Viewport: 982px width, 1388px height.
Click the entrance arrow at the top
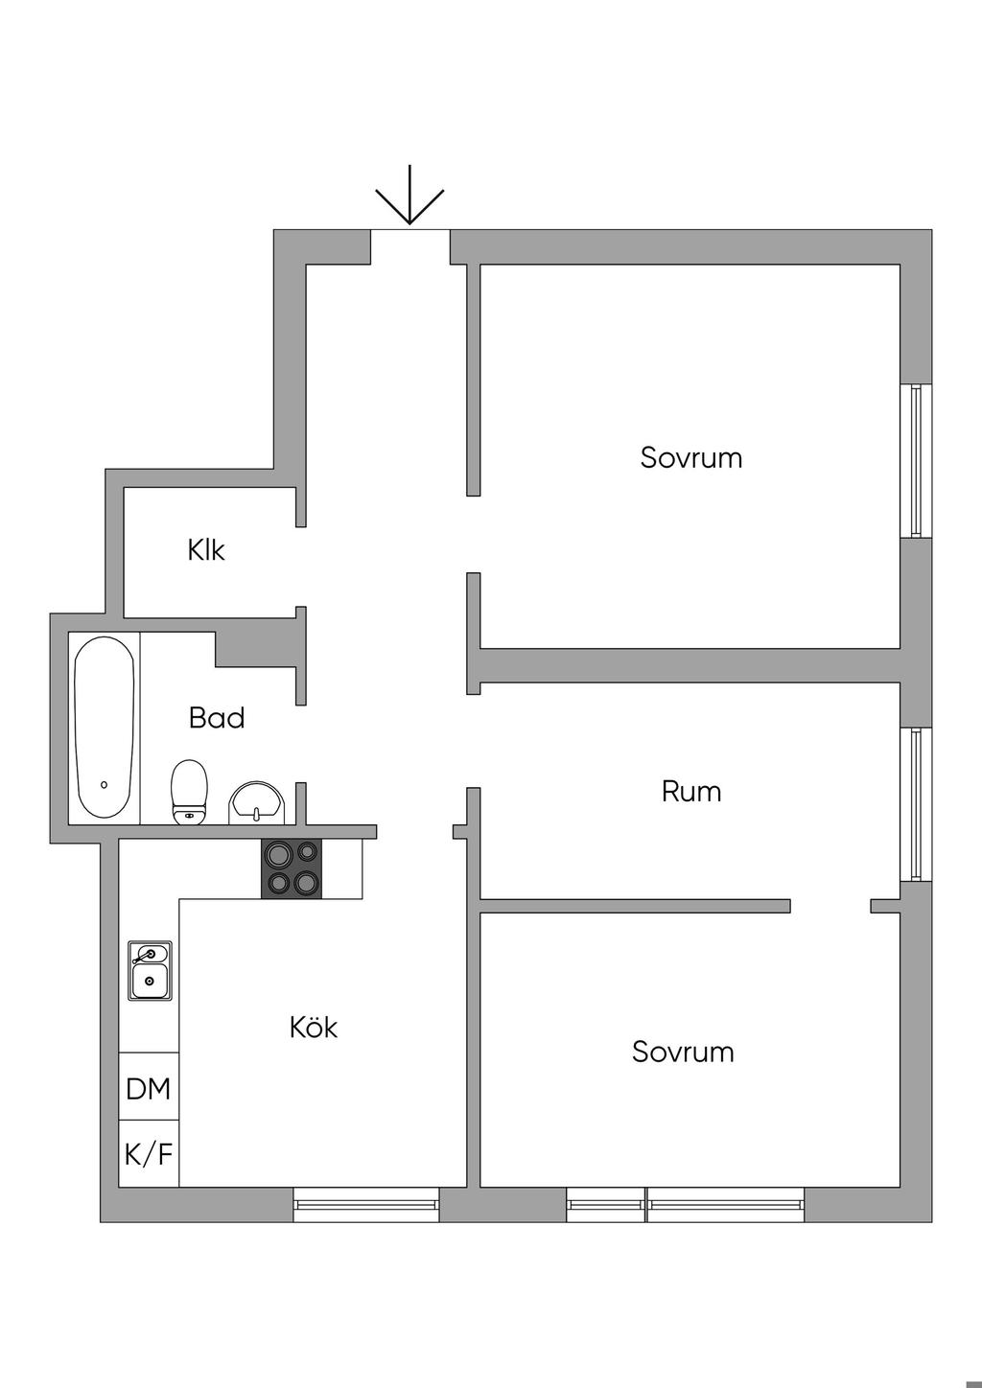coord(409,197)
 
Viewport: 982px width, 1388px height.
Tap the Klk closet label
coord(206,550)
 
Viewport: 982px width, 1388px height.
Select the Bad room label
coord(217,718)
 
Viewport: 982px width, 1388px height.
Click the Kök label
coord(314,1028)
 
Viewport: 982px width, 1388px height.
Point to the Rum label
coord(691,792)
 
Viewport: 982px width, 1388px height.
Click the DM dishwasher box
coord(149,1088)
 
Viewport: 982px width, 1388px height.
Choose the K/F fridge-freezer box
coord(149,1154)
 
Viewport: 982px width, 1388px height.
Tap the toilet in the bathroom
coord(189,792)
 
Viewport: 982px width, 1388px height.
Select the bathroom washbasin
coord(256,803)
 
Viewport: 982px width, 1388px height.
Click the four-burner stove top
coord(292,868)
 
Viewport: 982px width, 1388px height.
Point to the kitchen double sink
coord(150,970)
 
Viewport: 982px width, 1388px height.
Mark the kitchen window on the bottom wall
coord(365,1204)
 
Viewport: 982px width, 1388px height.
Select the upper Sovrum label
coord(691,457)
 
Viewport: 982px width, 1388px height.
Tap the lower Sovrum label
coord(683,1052)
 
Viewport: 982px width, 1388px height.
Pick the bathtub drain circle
coord(104,785)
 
